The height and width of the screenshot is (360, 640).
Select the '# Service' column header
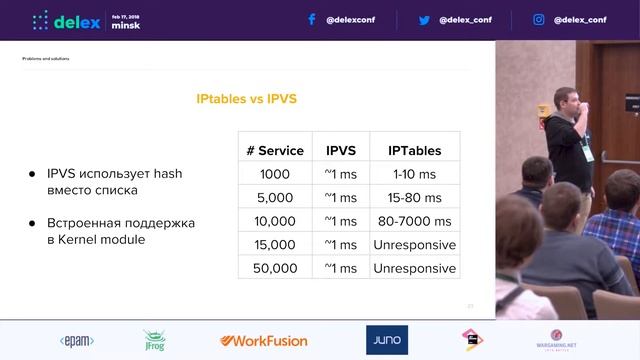274,151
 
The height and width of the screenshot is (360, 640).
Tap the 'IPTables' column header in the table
414,151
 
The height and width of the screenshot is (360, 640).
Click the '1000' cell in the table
274,174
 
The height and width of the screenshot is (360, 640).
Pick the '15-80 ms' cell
414,198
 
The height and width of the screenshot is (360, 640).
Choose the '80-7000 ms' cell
414,221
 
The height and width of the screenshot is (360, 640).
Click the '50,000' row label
274,268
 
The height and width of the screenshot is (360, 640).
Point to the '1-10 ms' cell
414,174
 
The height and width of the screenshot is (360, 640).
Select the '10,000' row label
274,221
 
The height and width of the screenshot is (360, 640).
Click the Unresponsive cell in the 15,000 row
414,245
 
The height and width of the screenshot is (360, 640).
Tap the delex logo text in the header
76,21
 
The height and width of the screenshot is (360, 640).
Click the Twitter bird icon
424,19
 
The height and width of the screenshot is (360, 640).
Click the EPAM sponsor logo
77,339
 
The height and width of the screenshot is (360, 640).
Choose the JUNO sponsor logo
386,339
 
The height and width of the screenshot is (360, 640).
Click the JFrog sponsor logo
154,340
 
